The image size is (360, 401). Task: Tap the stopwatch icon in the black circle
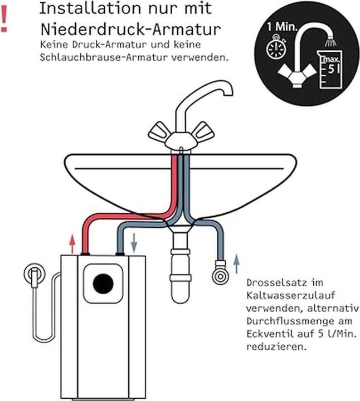275,49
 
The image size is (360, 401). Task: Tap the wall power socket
33,275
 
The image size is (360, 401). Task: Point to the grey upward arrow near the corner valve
236,261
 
